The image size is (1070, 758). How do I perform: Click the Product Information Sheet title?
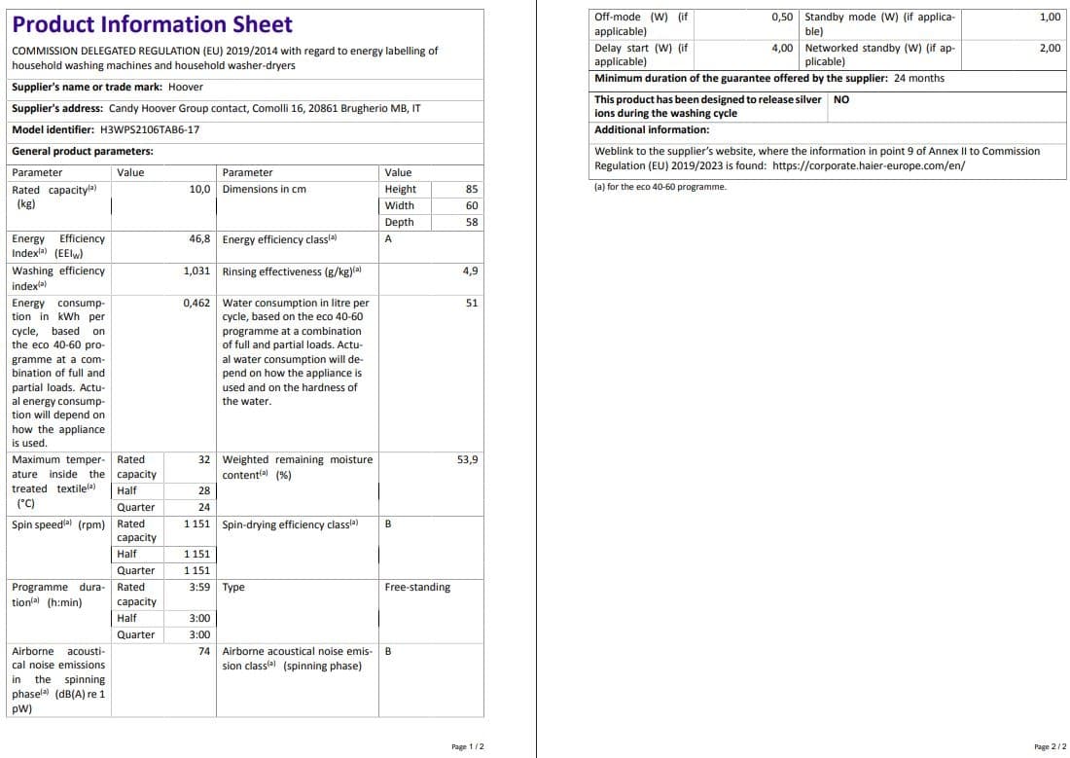coord(152,24)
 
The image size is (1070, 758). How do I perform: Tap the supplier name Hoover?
coord(186,87)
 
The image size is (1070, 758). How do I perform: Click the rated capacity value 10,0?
coord(200,189)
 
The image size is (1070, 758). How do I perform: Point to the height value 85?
coord(471,189)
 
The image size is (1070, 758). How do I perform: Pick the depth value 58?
coord(471,222)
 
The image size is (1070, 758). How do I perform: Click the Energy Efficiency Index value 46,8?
coord(200,238)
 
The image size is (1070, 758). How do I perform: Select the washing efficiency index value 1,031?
coord(197,271)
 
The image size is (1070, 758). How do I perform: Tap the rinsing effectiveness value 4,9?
coord(470,271)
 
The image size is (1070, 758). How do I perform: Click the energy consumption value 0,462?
coord(197,303)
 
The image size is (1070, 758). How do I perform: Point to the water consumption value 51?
coord(472,303)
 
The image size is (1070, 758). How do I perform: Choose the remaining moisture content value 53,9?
coord(467,459)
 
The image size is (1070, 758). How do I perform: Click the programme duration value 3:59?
coord(199,587)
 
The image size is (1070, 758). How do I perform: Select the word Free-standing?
coord(417,587)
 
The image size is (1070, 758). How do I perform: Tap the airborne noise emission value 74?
coord(204,651)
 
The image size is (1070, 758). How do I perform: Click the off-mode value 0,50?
coord(782,18)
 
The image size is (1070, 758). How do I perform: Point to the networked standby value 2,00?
coord(1050,47)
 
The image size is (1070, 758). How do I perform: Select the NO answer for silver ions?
coord(841,99)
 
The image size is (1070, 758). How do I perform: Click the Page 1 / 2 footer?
coord(468,746)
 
